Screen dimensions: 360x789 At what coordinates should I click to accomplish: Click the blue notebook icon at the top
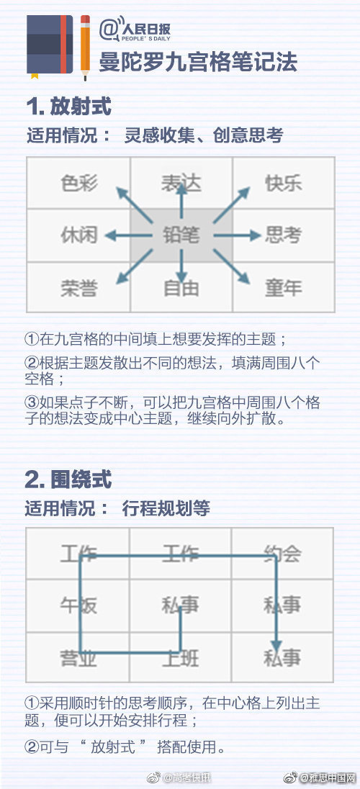[50, 46]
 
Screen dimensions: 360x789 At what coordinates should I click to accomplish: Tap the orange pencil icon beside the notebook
[85, 48]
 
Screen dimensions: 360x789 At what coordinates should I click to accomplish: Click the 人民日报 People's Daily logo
[135, 30]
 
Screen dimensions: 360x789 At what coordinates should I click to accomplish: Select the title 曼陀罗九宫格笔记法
[198, 61]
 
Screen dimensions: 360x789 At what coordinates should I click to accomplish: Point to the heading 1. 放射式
[68, 106]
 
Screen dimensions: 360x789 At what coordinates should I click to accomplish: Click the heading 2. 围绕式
[68, 479]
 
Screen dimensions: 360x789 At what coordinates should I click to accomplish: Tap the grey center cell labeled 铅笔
[181, 235]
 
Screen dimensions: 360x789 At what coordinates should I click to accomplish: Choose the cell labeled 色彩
[79, 183]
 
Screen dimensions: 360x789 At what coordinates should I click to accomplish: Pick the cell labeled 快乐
[284, 183]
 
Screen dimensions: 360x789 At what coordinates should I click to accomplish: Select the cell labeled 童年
[284, 287]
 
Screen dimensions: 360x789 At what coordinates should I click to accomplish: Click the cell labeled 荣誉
[79, 287]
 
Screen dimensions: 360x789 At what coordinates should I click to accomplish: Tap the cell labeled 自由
[181, 287]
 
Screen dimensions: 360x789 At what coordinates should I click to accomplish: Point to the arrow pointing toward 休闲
[128, 235]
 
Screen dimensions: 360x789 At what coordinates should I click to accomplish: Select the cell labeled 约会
[282, 554]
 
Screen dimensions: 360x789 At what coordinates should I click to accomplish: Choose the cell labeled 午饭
[78, 605]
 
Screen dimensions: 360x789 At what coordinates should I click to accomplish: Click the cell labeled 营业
[78, 657]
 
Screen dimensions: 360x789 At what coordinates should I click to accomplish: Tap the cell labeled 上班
[180, 657]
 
